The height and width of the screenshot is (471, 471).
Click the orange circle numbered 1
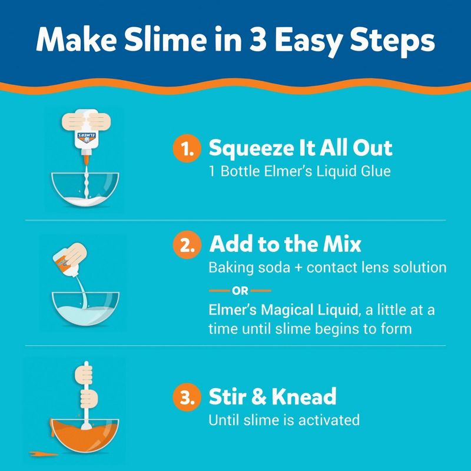tap(187, 148)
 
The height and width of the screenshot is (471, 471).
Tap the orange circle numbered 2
tap(187, 244)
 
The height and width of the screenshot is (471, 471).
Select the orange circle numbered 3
tap(187, 397)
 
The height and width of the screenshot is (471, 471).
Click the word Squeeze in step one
tap(252, 149)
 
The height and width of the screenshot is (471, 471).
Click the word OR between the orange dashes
tap(240, 291)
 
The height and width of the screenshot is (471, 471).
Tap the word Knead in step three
tap(304, 396)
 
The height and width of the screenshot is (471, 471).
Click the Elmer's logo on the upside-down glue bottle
tap(86, 137)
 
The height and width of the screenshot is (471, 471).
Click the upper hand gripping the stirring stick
tap(84, 373)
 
